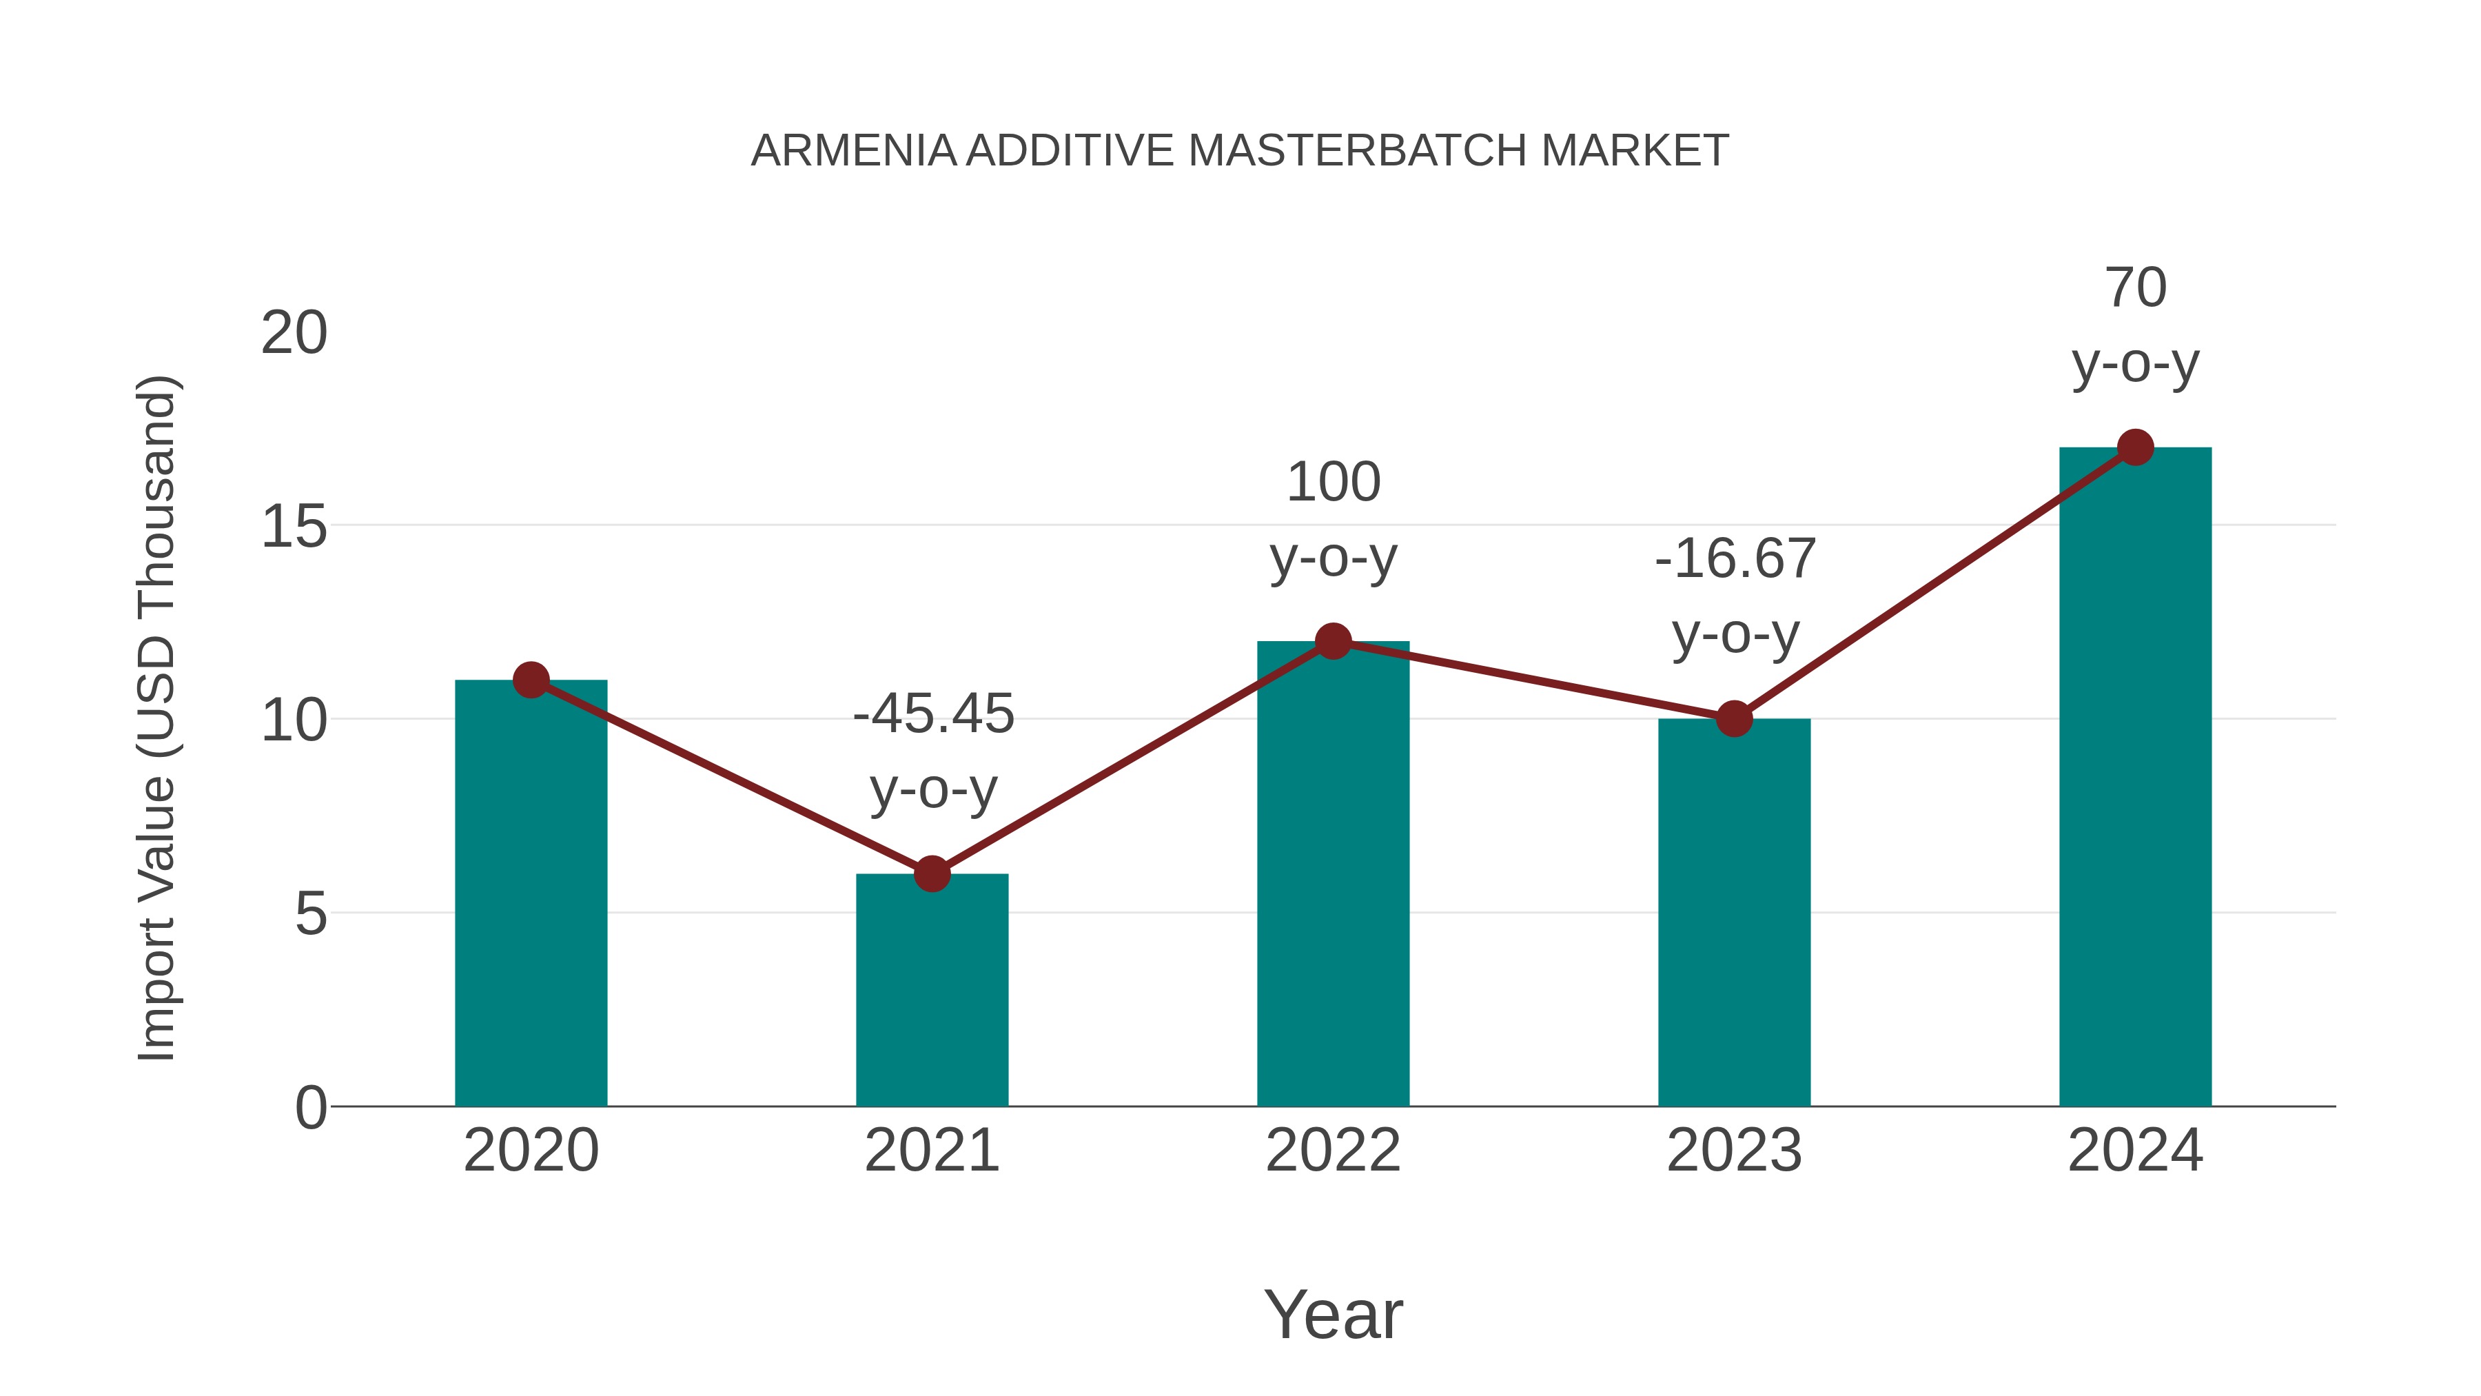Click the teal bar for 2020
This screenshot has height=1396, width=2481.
(x=531, y=896)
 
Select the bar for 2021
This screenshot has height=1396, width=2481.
(x=931, y=992)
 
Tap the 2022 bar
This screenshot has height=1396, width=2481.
(x=1333, y=877)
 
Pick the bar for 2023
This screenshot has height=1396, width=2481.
(x=1734, y=916)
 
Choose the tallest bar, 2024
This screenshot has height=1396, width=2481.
(x=2135, y=780)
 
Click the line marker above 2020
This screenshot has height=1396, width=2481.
(x=531, y=680)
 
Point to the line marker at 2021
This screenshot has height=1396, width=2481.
(x=931, y=874)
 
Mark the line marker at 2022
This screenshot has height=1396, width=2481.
(x=1333, y=640)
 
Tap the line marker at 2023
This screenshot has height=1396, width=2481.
(x=1734, y=719)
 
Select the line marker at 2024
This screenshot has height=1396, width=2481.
(x=2135, y=447)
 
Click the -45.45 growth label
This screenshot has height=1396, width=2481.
(x=933, y=714)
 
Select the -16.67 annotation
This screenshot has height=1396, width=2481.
(x=1735, y=559)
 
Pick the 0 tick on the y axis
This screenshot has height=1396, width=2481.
(x=311, y=1107)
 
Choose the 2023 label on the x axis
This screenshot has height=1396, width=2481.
(x=1734, y=1151)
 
